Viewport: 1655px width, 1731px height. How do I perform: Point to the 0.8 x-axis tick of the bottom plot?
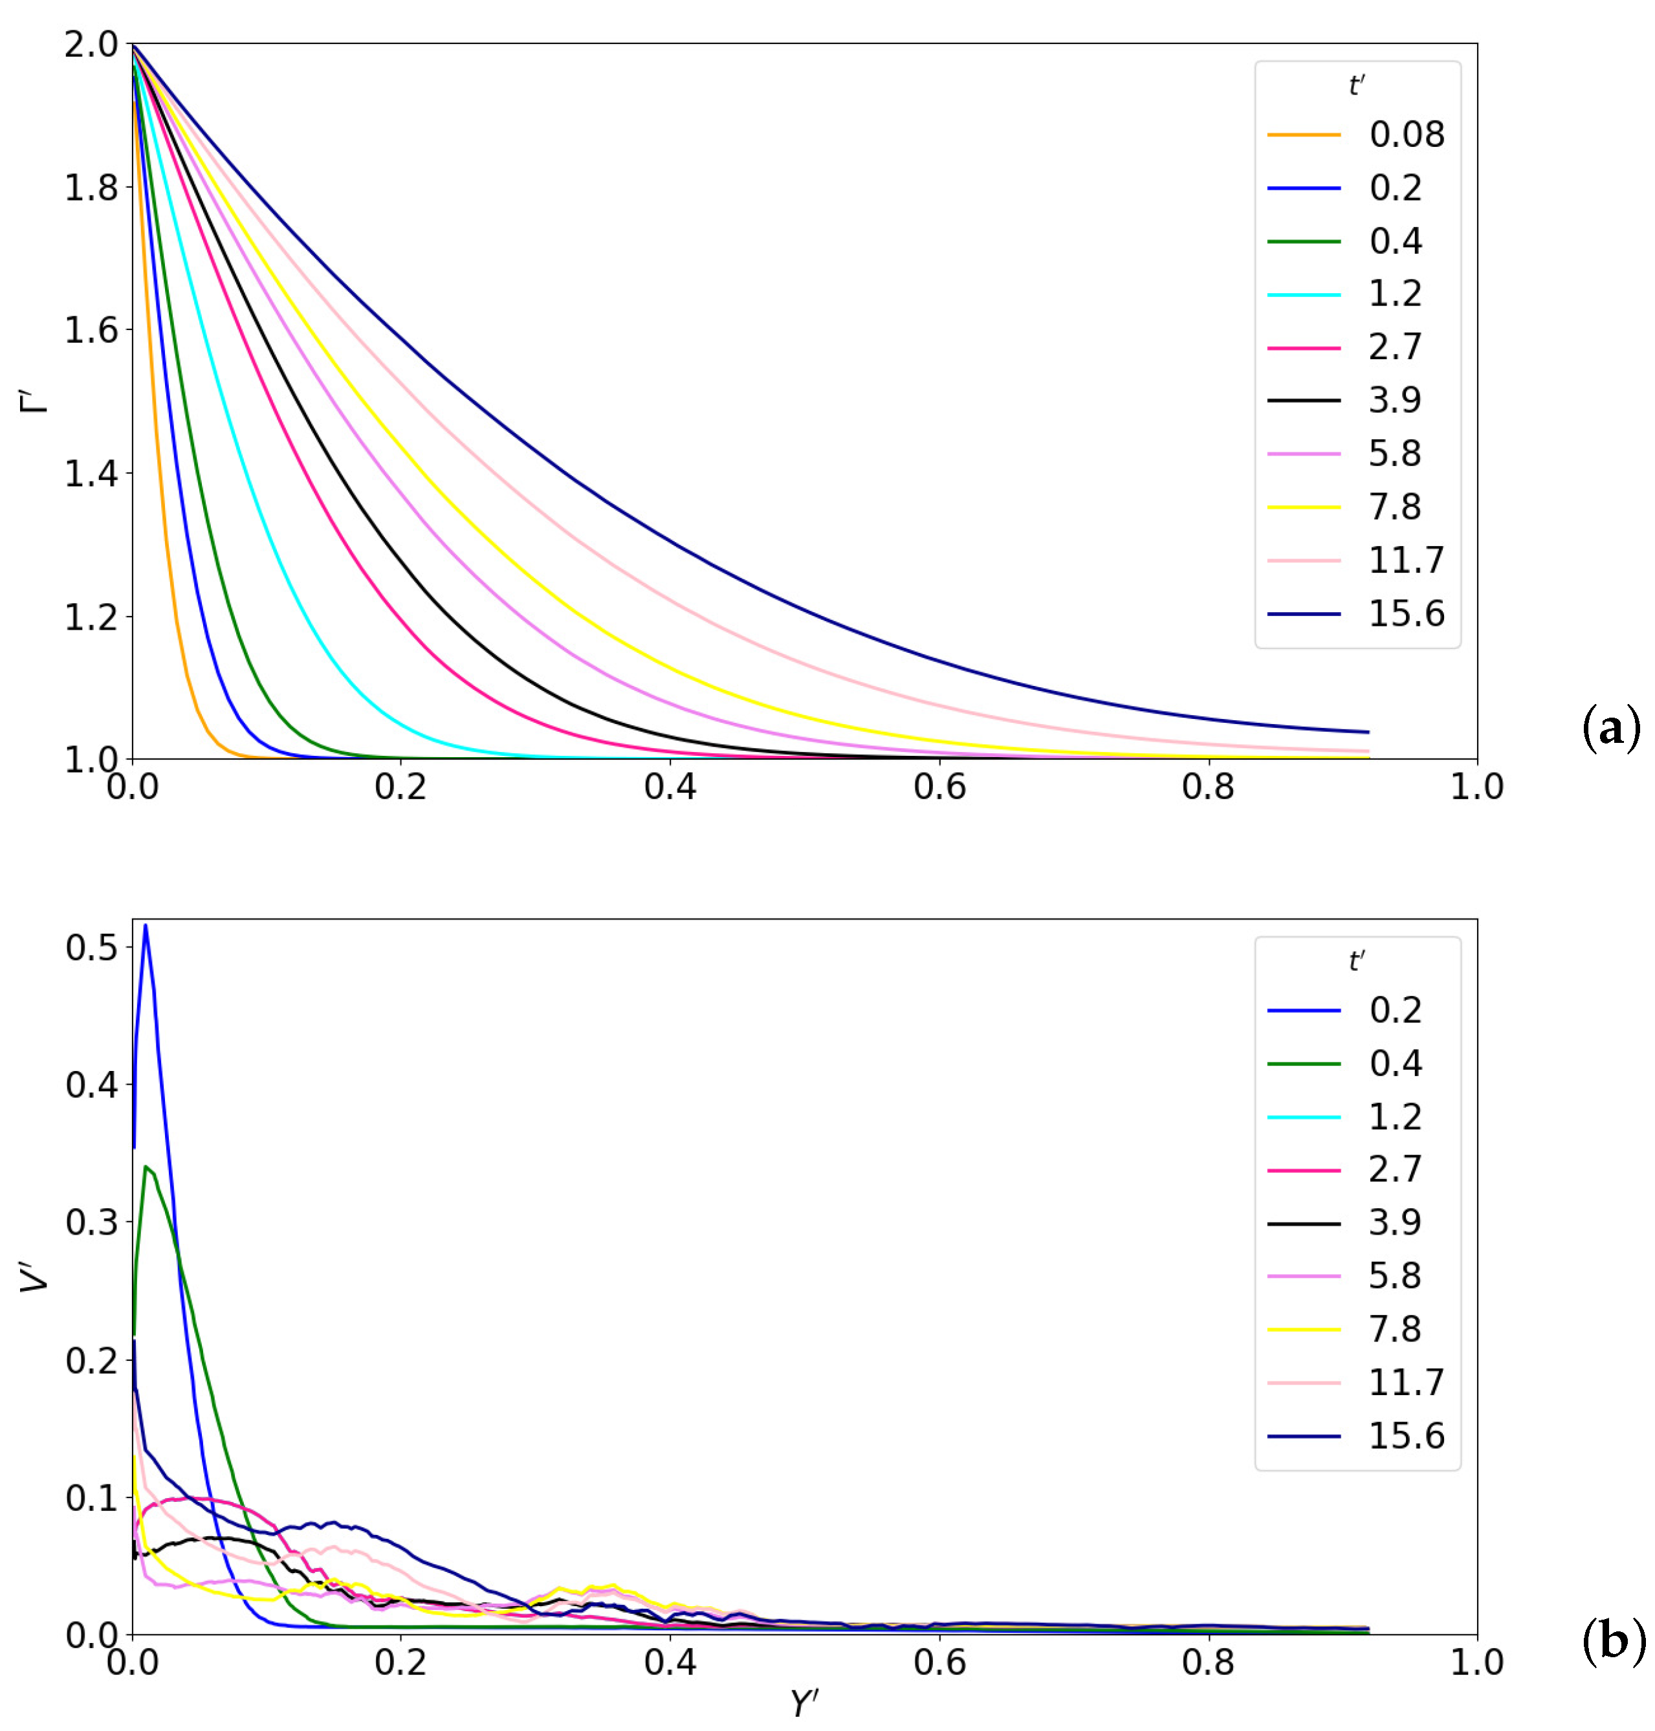coord(1209,1662)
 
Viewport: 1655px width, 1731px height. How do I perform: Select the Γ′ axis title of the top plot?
coord(36,401)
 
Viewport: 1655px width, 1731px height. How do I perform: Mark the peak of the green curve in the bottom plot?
coord(146,1167)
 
